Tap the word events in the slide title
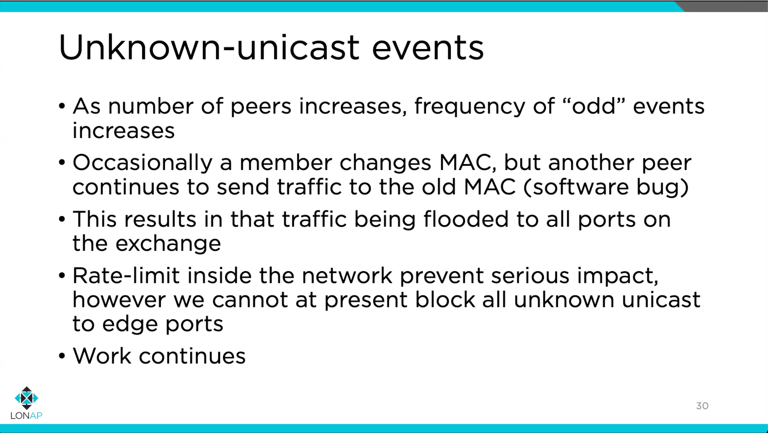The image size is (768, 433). tap(428, 48)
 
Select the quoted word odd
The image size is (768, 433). tap(593, 106)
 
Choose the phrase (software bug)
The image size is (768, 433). tap(606, 187)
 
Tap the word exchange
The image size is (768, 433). tap(168, 244)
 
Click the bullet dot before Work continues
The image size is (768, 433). tap(62, 356)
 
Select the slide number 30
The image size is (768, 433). tap(702, 406)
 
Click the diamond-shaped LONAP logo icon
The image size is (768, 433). tap(26, 398)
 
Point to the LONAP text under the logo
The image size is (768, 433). tap(26, 416)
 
